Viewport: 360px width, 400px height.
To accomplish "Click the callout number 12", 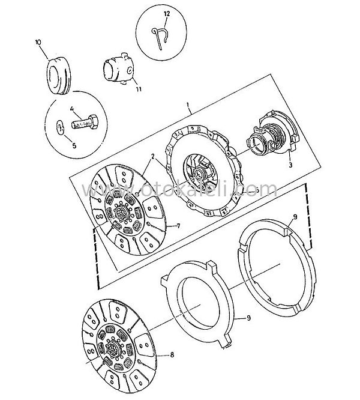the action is pos(167,14).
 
